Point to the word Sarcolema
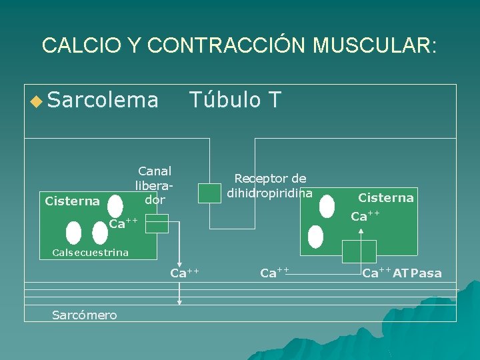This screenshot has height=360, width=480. (103, 100)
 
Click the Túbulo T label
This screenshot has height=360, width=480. (235, 100)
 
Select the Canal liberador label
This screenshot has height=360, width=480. (155, 185)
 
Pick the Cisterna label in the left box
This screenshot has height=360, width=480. (72, 201)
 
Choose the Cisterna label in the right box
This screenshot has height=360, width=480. (386, 197)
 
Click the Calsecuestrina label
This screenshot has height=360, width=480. (90, 253)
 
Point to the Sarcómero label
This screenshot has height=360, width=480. (84, 315)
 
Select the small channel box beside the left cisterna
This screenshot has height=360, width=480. (157, 225)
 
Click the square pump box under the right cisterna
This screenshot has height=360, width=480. (359, 251)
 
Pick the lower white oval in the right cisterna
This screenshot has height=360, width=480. (316, 237)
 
